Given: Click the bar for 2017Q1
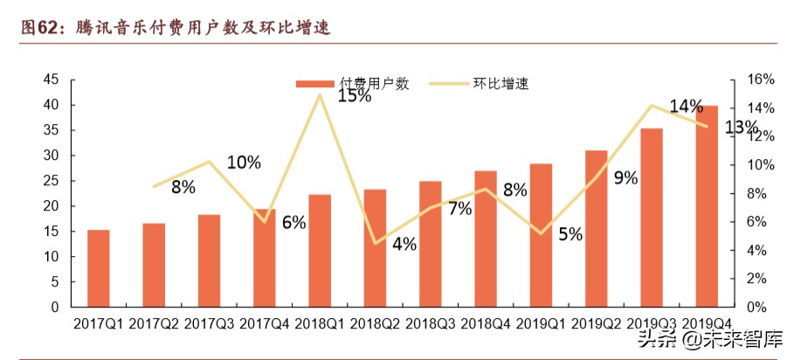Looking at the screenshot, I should [x=98, y=268].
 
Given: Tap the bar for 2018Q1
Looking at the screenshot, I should [x=320, y=251].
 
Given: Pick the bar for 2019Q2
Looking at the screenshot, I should [x=596, y=229].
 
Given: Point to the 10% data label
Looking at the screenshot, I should [x=244, y=162].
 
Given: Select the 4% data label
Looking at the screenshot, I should [x=404, y=244].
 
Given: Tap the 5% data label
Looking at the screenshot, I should [x=570, y=234].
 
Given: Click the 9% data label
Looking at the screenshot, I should [x=625, y=178].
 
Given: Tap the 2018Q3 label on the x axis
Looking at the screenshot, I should [x=430, y=324].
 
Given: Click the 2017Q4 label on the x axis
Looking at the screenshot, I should [x=265, y=324].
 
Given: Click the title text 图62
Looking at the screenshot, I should [x=39, y=28].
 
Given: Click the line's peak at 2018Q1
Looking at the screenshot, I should [x=320, y=93].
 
